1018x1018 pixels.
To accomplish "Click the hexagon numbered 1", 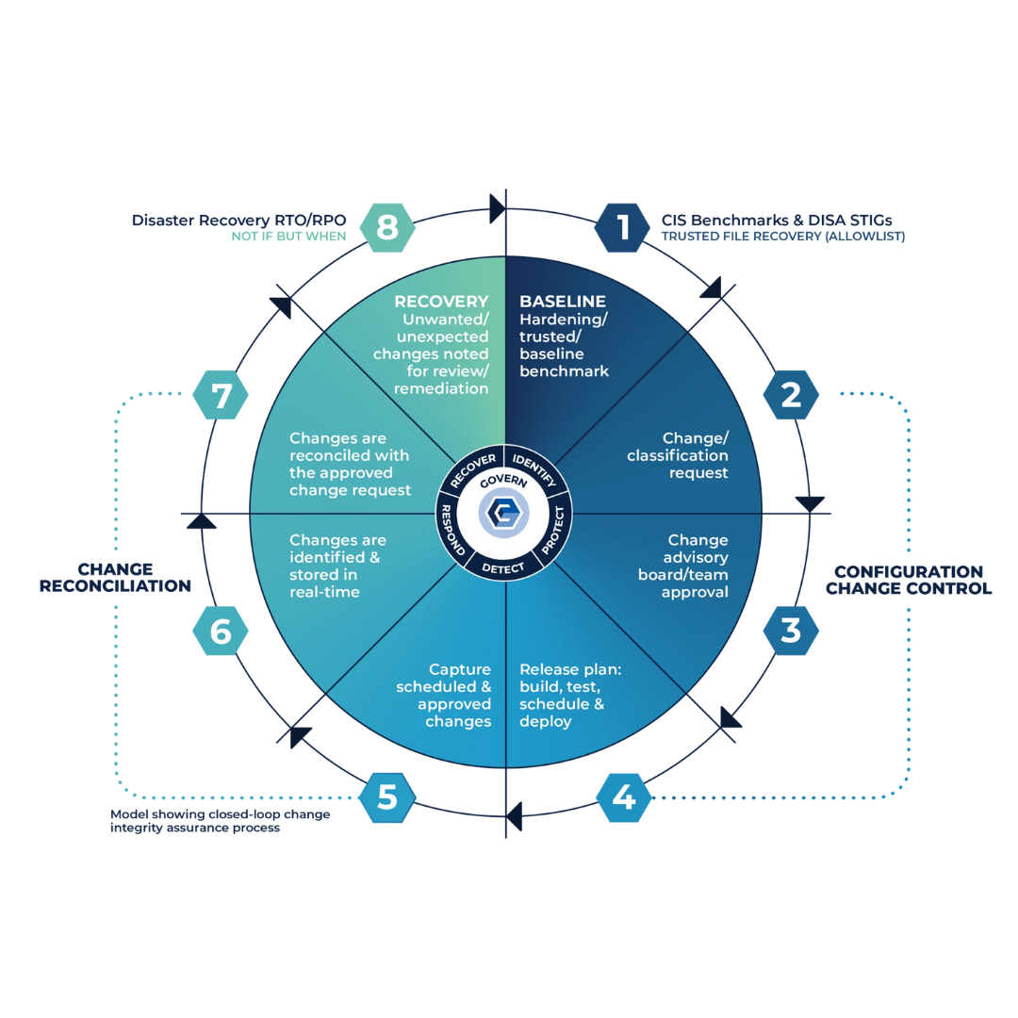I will [x=623, y=227].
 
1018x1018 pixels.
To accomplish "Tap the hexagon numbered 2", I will [x=791, y=394].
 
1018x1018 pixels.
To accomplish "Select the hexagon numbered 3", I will [x=791, y=631].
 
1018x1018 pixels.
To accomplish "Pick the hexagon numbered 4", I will [x=624, y=798].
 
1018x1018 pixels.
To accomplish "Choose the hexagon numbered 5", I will [x=387, y=798].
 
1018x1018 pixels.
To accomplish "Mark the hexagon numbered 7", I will [x=221, y=394].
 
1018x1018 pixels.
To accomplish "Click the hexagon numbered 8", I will [x=387, y=227].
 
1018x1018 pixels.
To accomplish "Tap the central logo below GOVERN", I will [x=506, y=514].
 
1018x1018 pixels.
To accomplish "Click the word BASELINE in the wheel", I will [x=563, y=303].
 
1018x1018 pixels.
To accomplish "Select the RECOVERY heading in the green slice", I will [x=441, y=303].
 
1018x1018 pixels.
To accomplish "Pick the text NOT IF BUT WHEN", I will [x=288, y=237].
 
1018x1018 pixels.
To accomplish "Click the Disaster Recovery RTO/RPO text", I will [x=239, y=221].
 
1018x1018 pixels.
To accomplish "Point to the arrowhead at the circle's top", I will [x=497, y=208].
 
